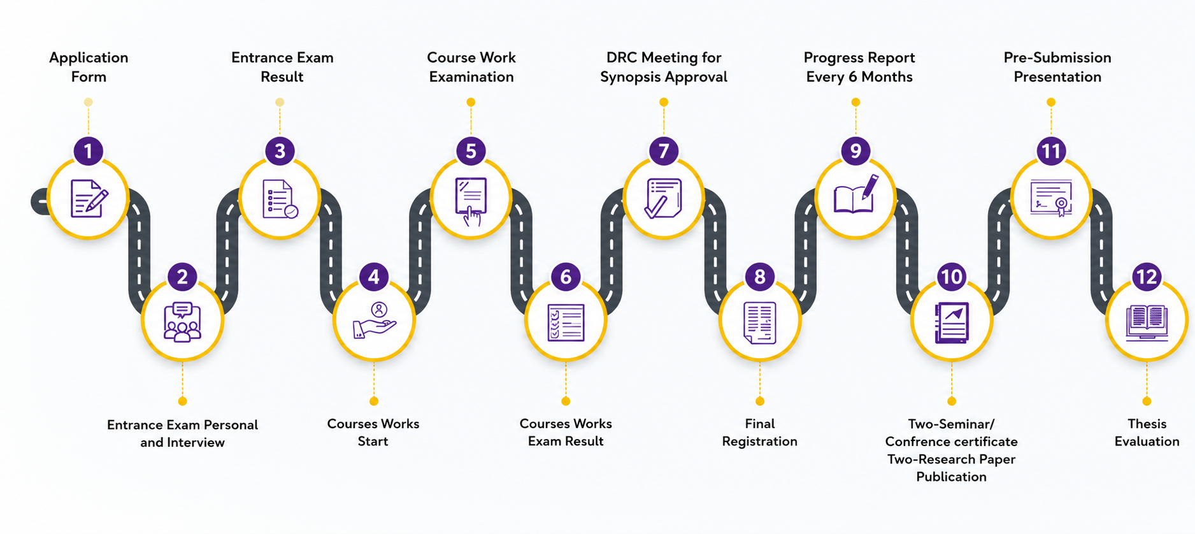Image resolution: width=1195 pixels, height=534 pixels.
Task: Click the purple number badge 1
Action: click(89, 151)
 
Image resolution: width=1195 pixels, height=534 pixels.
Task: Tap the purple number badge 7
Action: click(664, 151)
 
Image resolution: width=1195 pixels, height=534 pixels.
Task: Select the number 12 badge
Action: click(1147, 277)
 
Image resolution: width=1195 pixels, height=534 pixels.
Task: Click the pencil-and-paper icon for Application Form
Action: click(89, 199)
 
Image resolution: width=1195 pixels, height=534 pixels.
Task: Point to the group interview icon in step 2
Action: click(182, 322)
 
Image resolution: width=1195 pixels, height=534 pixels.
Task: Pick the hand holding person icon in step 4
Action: click(375, 321)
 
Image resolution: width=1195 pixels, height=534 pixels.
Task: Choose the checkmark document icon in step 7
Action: click(664, 198)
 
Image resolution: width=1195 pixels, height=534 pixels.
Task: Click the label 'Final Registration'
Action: click(759, 433)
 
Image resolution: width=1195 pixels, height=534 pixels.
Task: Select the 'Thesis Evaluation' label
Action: click(1147, 433)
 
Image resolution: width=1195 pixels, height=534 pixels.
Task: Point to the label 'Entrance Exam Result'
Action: click(282, 67)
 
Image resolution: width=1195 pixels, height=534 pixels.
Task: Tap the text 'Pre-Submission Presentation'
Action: click(1057, 67)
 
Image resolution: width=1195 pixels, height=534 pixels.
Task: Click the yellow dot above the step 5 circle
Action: click(471, 102)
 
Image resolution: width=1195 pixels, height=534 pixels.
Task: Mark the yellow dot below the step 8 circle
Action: click(760, 401)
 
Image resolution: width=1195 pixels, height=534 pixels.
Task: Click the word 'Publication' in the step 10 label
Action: click(951, 477)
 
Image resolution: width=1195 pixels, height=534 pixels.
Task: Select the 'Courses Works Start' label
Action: click(373, 433)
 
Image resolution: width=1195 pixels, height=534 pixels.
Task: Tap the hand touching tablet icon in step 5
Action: click(471, 201)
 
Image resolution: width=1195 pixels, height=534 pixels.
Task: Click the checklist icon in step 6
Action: click(566, 322)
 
